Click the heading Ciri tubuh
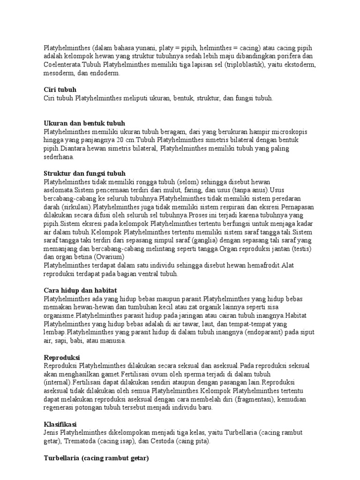click(60, 90)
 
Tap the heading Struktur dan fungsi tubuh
click(84, 173)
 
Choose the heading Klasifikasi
click(61, 425)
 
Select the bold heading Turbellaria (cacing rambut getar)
click(96, 458)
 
